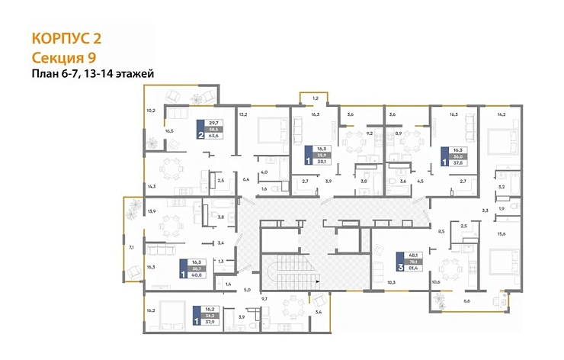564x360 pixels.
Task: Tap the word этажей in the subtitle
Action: tap(137, 74)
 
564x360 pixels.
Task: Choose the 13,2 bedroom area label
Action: tap(243, 114)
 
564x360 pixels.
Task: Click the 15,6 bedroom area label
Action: tap(501, 233)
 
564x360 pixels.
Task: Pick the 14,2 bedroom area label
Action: tap(501, 114)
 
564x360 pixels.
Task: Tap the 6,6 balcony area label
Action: tap(466, 301)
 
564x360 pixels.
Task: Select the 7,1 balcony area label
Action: tap(130, 247)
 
